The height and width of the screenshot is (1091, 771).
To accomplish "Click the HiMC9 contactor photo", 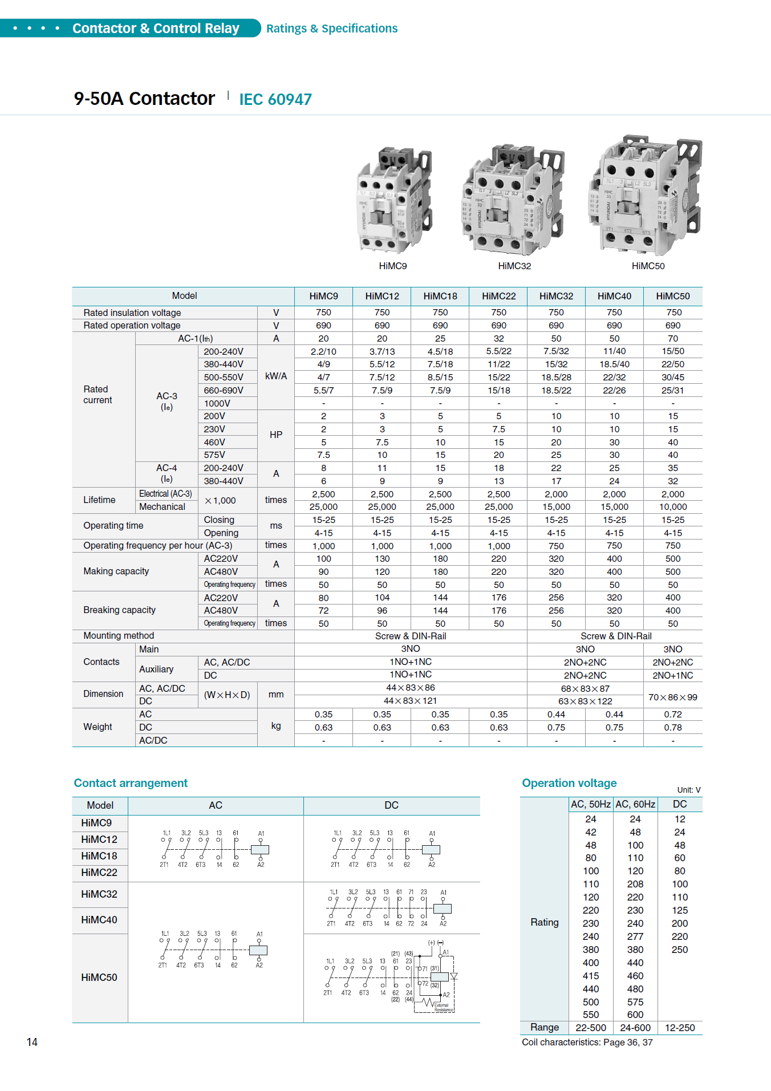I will (393, 200).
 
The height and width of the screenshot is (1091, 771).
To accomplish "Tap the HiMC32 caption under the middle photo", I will (514, 266).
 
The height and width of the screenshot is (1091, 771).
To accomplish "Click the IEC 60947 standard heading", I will (275, 100).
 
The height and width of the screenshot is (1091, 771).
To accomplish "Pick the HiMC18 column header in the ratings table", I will (440, 297).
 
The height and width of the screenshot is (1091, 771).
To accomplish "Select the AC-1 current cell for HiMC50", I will (673, 339).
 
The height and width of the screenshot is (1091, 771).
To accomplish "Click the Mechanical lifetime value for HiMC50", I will (673, 507).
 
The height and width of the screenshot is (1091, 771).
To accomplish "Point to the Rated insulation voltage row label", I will (132, 313).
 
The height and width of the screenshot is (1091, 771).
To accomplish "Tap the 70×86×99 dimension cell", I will (673, 697).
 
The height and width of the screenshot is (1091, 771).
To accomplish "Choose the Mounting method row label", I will (119, 636).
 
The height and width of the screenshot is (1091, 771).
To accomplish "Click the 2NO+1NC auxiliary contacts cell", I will (673, 676).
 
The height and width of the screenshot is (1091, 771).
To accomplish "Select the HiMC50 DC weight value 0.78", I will (673, 728).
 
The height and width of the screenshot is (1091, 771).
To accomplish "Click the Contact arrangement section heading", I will (131, 784).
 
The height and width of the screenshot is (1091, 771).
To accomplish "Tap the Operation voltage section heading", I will (569, 784).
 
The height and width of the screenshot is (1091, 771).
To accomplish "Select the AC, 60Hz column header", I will (635, 805).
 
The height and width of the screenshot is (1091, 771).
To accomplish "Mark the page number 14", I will (32, 1043).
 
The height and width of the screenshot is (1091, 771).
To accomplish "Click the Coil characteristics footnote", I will (587, 1043).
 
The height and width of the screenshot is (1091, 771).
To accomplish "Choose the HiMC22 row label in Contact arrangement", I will (99, 873).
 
